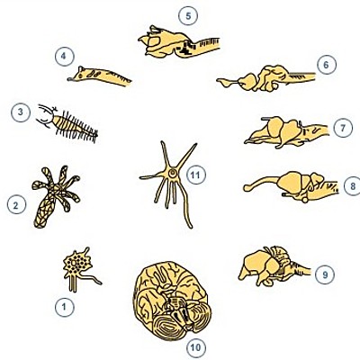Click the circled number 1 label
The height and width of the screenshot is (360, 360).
click(x=63, y=307)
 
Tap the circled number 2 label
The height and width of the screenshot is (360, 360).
click(x=15, y=205)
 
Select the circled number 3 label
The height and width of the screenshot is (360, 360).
click(x=17, y=112)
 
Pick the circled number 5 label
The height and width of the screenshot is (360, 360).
click(x=187, y=15)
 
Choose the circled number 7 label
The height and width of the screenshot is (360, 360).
click(x=343, y=127)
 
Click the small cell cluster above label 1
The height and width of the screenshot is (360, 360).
click(x=79, y=265)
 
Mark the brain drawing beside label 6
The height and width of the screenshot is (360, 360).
click(x=265, y=78)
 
